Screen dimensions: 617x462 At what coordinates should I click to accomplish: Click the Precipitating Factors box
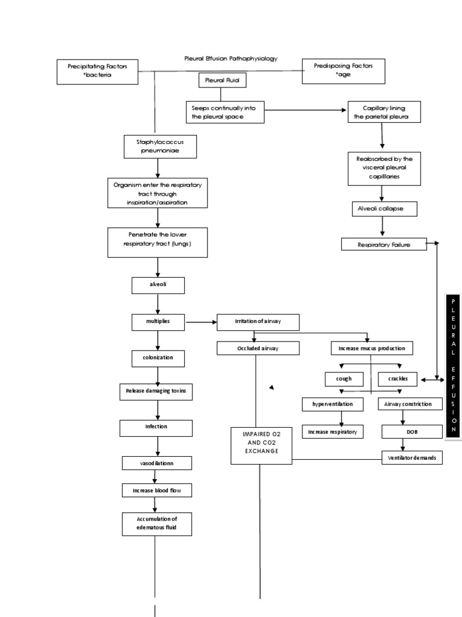97,72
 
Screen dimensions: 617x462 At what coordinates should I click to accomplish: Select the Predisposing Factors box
342,70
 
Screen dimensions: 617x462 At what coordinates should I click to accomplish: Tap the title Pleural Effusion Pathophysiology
231,58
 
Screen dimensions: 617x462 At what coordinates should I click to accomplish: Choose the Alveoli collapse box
383,208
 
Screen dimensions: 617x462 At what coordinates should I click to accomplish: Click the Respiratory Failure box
384,244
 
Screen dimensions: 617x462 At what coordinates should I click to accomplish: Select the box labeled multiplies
158,322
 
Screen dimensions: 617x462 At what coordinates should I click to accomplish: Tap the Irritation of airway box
257,322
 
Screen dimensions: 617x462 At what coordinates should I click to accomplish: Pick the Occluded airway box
257,348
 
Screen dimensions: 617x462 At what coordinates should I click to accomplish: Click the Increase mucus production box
371,348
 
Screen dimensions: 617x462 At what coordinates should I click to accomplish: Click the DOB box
402,431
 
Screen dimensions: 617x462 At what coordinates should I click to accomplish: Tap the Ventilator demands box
411,459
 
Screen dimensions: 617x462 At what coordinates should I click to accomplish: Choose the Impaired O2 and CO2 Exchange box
261,446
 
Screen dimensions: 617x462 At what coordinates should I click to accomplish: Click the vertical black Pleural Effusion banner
454,366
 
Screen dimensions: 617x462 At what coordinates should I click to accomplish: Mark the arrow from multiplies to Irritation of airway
201,322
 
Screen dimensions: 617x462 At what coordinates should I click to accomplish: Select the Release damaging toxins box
156,392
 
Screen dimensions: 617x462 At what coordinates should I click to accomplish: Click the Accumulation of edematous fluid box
156,524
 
